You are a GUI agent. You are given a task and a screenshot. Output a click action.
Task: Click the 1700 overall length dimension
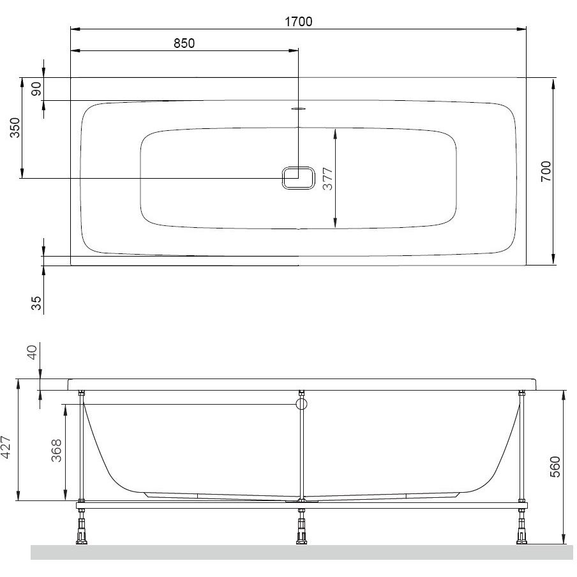[299, 22]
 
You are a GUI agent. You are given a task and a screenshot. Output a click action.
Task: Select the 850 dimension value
[184, 43]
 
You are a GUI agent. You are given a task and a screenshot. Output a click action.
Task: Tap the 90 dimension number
[36, 89]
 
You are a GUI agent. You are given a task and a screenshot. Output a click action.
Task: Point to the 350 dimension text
[15, 128]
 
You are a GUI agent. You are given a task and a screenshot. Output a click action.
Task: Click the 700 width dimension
[546, 171]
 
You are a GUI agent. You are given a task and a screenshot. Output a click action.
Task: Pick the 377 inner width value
[327, 179]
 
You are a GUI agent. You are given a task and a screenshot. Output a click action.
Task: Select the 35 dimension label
[36, 304]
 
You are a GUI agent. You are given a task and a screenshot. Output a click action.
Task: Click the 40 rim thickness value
[33, 352]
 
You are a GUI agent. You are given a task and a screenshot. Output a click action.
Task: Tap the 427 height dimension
[6, 447]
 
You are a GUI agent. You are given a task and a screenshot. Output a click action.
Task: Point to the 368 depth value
[56, 451]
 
